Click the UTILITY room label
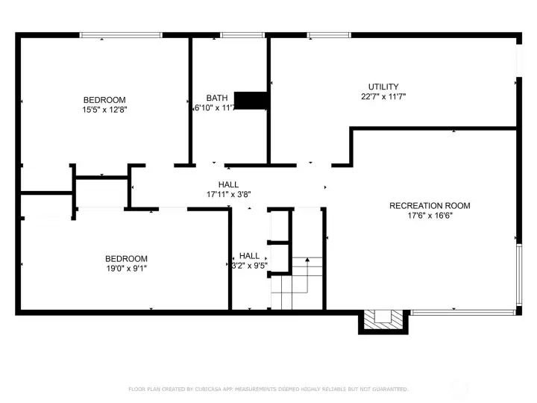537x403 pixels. tap(383, 87)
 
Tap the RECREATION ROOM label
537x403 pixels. tap(430, 206)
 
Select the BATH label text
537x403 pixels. tap(217, 98)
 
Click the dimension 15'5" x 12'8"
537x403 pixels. tap(104, 110)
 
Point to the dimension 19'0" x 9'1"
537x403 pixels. tap(126, 269)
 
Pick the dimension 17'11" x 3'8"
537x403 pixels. tap(228, 195)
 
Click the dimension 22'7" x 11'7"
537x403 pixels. tap(383, 96)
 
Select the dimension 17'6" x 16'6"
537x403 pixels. tap(430, 216)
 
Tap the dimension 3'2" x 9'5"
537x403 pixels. tap(249, 266)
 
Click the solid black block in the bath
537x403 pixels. tap(251, 101)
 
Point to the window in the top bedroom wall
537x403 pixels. tap(121, 34)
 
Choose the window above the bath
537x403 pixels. tap(242, 34)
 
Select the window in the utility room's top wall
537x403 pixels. tap(329, 34)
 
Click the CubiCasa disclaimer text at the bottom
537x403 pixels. tap(268, 389)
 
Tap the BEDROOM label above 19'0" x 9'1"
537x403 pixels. tap(126, 259)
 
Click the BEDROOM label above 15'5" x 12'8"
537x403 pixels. tap(104, 100)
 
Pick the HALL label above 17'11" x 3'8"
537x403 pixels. tap(228, 185)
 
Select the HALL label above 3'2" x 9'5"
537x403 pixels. tap(249, 256)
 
